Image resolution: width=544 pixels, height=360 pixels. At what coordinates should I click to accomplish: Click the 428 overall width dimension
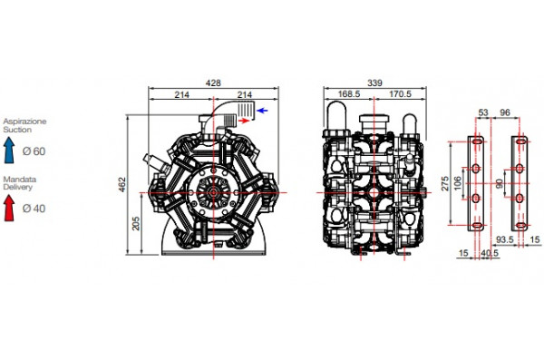212,83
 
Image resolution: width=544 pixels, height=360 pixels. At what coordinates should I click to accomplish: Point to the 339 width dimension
362,83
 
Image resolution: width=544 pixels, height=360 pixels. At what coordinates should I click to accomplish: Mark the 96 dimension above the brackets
506,113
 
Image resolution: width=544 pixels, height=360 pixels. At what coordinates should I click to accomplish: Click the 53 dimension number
482,113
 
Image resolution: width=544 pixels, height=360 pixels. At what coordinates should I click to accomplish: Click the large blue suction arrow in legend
11,150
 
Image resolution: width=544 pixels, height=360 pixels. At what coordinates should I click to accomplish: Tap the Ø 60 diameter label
33,151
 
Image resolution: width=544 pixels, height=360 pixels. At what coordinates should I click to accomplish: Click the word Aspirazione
24,122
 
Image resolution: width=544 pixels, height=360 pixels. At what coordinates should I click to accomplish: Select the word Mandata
18,180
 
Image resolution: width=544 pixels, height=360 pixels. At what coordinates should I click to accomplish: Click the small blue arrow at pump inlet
262,110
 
